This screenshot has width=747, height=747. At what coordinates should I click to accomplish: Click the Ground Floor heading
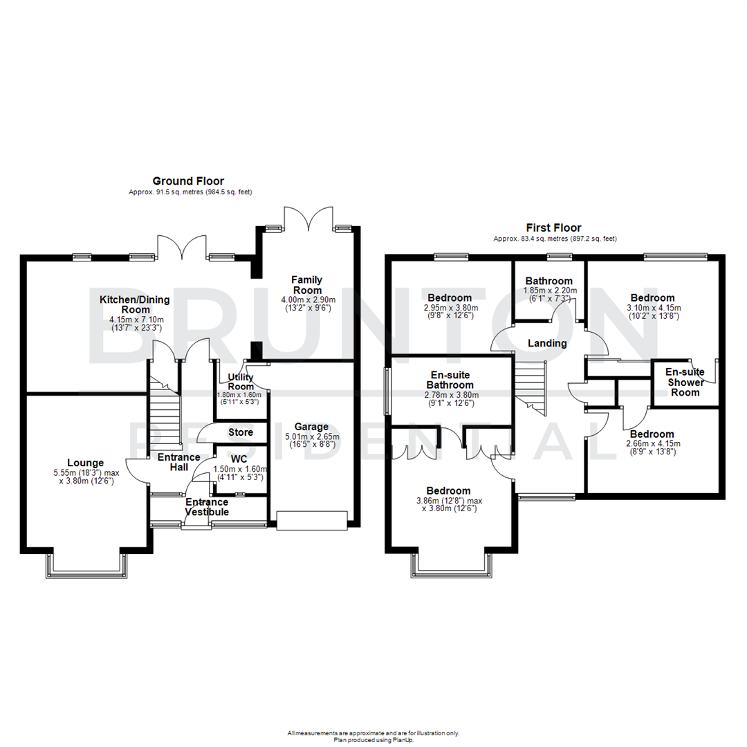coord(188,181)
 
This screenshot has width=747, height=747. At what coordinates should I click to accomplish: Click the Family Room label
coord(306,285)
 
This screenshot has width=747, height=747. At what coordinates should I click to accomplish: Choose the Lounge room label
coord(86,463)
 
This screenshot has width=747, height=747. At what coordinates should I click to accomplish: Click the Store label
coord(241,433)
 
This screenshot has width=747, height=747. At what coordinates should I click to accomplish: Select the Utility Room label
coord(241,382)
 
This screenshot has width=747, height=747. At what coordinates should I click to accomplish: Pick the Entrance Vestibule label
coord(207,507)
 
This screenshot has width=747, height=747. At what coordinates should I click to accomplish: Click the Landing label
coord(547,343)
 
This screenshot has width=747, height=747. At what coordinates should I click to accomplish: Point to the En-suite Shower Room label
coord(684,382)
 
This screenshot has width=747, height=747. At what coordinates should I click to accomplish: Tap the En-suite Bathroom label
coord(450,380)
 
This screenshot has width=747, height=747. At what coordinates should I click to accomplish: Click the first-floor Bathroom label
coord(548,281)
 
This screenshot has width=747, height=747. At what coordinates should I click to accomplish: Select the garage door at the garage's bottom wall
coord(311,521)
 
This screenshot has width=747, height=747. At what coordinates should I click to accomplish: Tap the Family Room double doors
coord(306,220)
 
